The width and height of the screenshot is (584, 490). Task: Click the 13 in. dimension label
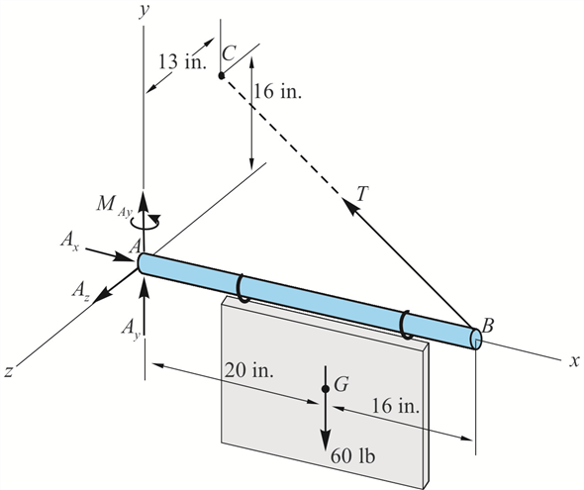(x=182, y=61)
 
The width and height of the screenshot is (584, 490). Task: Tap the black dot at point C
(x=222, y=75)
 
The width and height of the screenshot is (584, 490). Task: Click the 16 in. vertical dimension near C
(x=277, y=91)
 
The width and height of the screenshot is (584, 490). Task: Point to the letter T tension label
(x=362, y=193)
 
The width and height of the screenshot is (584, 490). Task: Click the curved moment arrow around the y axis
(x=146, y=221)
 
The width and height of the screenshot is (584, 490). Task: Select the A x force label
(x=69, y=241)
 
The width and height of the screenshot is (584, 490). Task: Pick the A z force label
(x=80, y=290)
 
